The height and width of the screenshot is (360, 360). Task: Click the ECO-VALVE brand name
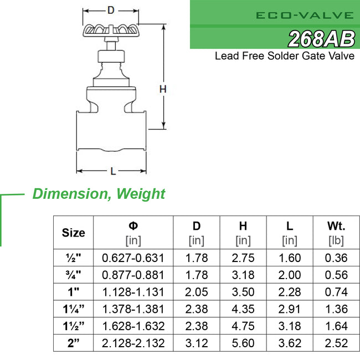(x=305, y=15)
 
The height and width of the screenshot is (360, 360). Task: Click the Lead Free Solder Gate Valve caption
(x=285, y=56)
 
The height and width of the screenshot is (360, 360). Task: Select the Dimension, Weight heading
(x=99, y=194)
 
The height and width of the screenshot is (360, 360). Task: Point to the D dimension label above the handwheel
(x=111, y=10)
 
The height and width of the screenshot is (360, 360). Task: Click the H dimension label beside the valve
(x=163, y=89)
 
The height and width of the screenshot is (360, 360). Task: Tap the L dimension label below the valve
(x=112, y=171)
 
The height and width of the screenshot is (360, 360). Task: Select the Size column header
(x=74, y=233)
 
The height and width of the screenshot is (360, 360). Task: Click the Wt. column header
(x=336, y=226)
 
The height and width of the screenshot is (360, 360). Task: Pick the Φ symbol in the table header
(x=133, y=226)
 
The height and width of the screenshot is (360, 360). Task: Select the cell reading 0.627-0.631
(x=133, y=258)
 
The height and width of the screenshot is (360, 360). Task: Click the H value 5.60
(x=243, y=343)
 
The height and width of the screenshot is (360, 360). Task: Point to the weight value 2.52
(x=336, y=343)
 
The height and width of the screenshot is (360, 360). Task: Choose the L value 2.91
(x=290, y=309)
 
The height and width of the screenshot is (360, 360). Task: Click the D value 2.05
(x=197, y=292)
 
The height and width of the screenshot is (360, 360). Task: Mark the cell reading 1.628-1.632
(x=133, y=326)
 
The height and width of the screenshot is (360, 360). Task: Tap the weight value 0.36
(x=336, y=258)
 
